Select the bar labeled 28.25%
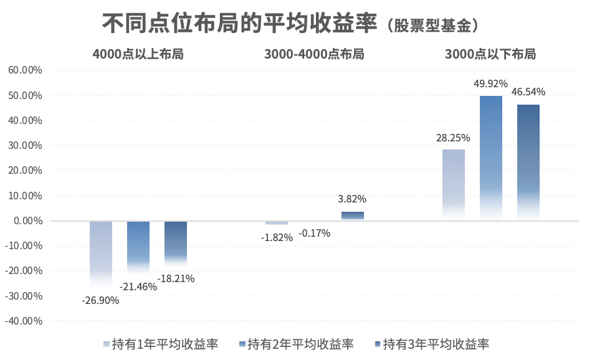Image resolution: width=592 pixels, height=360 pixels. pyautogui.click(x=453, y=184)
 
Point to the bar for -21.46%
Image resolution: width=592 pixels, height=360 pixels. pyautogui.click(x=138, y=245)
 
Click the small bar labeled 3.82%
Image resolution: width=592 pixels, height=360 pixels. pyautogui.click(x=352, y=216)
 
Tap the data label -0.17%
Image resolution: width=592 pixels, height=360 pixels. pyautogui.click(x=315, y=234)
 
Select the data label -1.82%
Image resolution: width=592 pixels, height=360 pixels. pyautogui.click(x=277, y=237)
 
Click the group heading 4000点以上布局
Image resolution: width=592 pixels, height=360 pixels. pyautogui.click(x=138, y=54)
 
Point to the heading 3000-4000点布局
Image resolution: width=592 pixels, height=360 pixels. pyautogui.click(x=314, y=54)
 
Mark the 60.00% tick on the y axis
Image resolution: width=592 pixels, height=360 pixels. pyautogui.click(x=25, y=70)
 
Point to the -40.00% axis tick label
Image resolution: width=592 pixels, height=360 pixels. pyautogui.click(x=23, y=321)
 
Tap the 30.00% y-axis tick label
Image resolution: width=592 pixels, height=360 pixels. pyautogui.click(x=25, y=146)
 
